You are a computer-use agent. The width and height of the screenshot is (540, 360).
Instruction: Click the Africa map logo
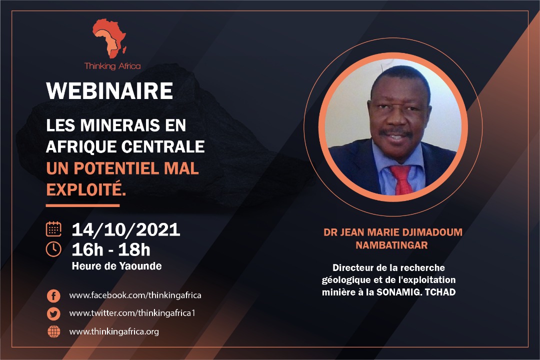click(x=109, y=38)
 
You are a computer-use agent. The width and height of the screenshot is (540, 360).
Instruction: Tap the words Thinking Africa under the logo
click(x=112, y=66)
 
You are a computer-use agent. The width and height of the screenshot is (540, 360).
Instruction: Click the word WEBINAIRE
click(x=109, y=91)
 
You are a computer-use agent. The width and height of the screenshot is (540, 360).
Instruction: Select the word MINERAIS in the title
click(x=120, y=125)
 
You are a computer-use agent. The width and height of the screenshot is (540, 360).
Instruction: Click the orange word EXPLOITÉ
click(x=86, y=189)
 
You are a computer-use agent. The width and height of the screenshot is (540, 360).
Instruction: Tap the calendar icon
click(x=53, y=229)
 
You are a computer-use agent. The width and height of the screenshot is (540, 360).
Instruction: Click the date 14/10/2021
click(x=126, y=229)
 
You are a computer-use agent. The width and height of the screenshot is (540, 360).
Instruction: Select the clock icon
click(x=53, y=249)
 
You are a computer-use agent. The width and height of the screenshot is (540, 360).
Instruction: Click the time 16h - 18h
click(x=111, y=250)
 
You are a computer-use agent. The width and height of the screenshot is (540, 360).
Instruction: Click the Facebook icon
click(x=53, y=295)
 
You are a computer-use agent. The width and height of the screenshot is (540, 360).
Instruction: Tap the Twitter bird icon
click(x=53, y=314)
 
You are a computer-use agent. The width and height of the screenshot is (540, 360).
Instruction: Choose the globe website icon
click(x=53, y=332)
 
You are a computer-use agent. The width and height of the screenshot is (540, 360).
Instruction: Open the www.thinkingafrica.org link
click(x=114, y=332)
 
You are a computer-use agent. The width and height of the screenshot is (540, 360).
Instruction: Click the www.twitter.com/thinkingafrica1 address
click(x=132, y=313)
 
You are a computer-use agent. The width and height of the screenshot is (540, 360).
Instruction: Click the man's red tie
click(x=402, y=179)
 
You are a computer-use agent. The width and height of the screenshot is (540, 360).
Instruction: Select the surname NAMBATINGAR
click(x=391, y=245)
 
